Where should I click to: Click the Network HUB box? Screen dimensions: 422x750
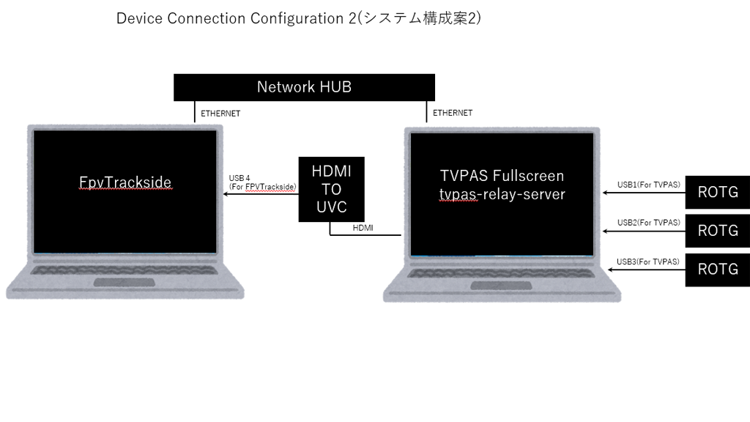304,87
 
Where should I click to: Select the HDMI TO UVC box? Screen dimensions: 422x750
331,189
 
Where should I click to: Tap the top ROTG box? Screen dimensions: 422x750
717,193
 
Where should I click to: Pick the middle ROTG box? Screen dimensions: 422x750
717,231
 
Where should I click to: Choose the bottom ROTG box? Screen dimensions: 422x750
717,269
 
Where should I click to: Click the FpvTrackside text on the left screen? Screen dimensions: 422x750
125,182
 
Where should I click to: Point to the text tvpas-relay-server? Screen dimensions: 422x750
502,194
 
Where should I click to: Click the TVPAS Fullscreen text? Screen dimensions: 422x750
502,176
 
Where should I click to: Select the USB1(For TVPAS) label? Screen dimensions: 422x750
648,184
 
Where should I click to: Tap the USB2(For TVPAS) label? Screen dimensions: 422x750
648,222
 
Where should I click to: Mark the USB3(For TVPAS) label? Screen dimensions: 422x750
648,261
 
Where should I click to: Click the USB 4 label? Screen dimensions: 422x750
240,178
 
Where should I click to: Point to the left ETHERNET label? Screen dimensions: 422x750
220,114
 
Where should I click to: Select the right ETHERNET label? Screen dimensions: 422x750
452,113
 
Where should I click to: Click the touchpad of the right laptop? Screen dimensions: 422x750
501,285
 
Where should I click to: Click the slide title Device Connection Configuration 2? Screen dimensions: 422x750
298,18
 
